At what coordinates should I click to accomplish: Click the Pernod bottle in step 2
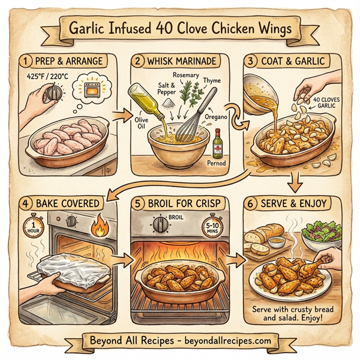217,143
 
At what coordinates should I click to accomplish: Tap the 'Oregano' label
217,119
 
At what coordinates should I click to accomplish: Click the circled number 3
250,61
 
